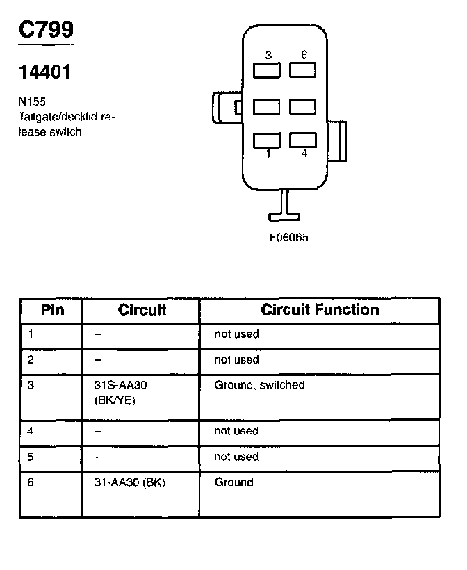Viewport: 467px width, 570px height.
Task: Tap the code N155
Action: pyautogui.click(x=32, y=101)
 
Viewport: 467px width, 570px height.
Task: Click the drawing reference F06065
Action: pyautogui.click(x=288, y=237)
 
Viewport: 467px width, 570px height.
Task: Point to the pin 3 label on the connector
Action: pyautogui.click(x=268, y=55)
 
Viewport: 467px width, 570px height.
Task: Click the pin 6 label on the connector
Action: pyautogui.click(x=304, y=55)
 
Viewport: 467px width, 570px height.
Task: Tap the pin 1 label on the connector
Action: pyautogui.click(x=268, y=154)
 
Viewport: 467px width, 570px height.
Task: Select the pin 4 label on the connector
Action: pyautogui.click(x=304, y=154)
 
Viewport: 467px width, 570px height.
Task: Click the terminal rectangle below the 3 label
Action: pyautogui.click(x=267, y=70)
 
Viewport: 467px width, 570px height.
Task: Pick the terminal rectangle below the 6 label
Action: pyautogui.click(x=302, y=70)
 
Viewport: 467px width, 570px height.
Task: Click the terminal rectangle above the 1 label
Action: pyautogui.click(x=267, y=140)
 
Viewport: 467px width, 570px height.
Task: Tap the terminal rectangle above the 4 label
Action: pyautogui.click(x=302, y=139)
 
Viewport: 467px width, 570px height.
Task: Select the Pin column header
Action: pyautogui.click(x=52, y=309)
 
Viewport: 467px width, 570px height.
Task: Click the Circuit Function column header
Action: pyautogui.click(x=320, y=309)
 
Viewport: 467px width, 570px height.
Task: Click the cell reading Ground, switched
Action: pyautogui.click(x=259, y=385)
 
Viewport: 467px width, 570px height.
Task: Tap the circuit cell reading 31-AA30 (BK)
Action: pyautogui.click(x=129, y=482)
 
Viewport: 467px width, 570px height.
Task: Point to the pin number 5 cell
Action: pyautogui.click(x=31, y=457)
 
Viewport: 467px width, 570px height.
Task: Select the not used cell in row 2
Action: pyautogui.click(x=236, y=359)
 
